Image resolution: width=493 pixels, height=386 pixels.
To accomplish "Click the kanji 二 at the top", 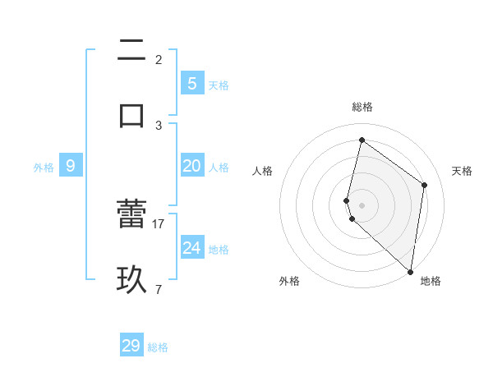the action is pos(131,51).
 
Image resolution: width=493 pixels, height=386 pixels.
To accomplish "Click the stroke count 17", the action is pos(159,223).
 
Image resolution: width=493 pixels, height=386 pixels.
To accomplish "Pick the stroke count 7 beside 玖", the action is pos(159,288).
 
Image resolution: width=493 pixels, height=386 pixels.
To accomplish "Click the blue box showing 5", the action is pos(191,83).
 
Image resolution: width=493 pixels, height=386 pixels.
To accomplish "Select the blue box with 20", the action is pos(191,166).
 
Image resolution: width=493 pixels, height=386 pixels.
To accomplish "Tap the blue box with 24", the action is pos(191,248).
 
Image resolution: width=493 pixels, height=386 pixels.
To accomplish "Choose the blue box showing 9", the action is pos(71,166).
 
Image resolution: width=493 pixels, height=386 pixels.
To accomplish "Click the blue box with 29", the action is pos(131,346).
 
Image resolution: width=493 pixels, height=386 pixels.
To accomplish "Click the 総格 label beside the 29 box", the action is pos(159,347).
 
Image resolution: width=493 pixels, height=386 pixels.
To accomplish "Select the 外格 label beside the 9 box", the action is pos(44,168).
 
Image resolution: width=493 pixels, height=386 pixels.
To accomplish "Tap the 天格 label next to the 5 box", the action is pos(219,85).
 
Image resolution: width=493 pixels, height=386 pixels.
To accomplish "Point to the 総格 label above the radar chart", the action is pos(362,107).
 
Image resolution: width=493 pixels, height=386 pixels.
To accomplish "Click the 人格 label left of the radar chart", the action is pos(263,171).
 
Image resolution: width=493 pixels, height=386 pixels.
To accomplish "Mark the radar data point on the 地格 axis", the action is pos(410,271).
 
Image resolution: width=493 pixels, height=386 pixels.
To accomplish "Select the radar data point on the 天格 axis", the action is pos(425,185).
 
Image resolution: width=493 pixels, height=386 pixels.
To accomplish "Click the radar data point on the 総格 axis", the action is pos(362,140).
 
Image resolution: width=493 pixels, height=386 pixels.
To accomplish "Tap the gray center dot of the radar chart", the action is pos(362,205).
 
